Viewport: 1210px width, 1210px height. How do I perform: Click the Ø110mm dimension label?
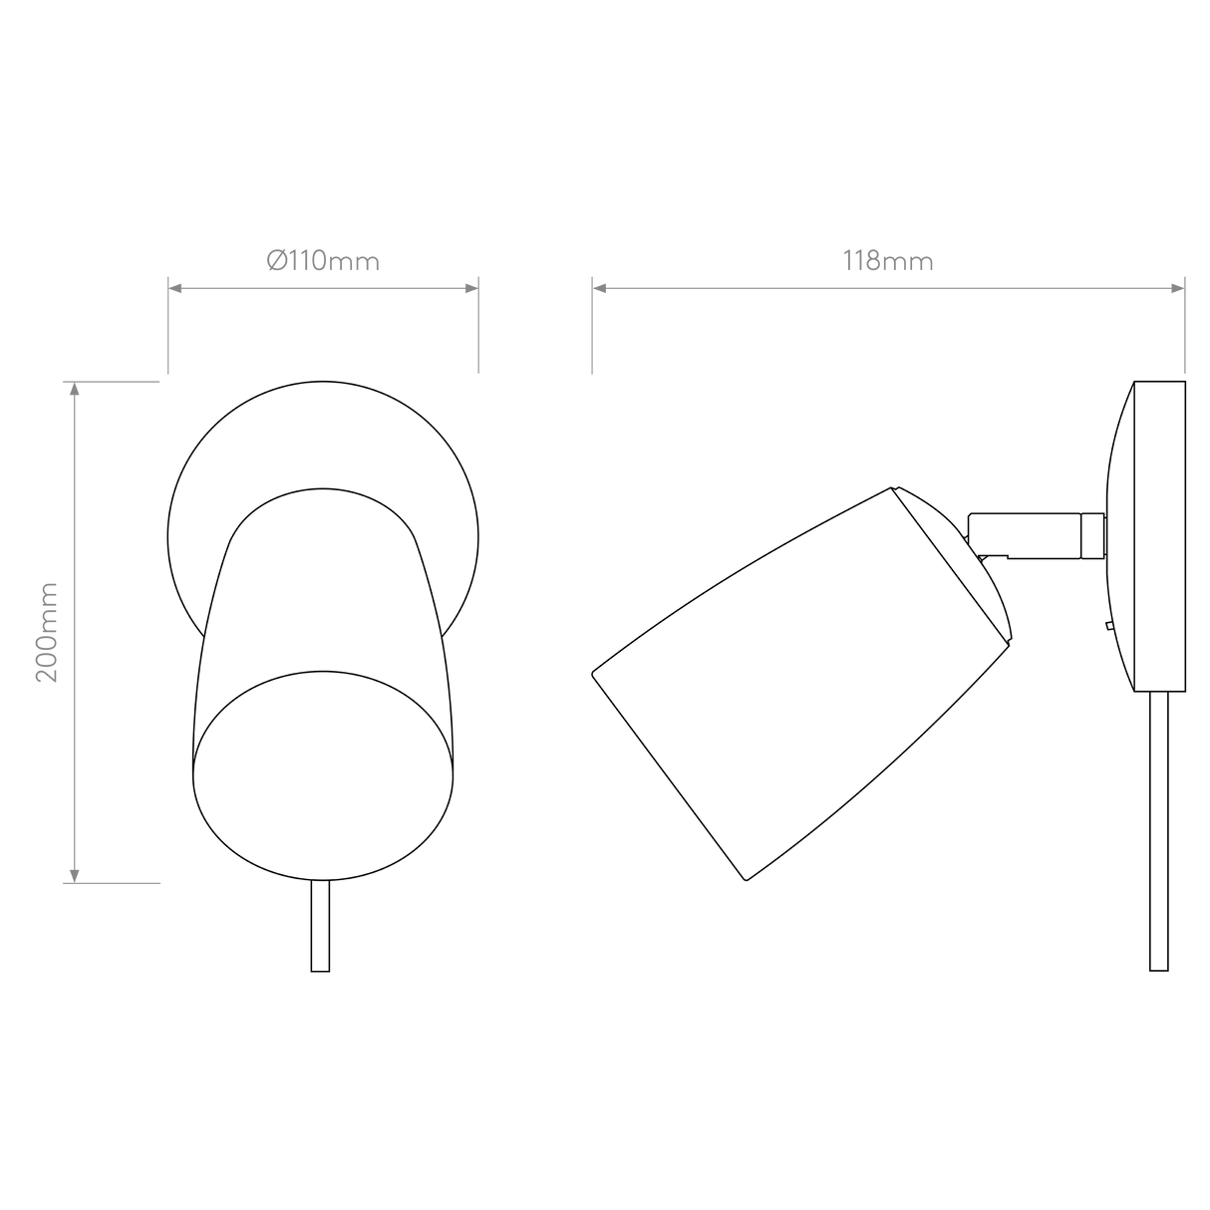(x=323, y=260)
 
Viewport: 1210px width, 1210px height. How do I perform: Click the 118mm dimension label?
(x=887, y=260)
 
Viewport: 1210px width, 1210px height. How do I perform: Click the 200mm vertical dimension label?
(x=47, y=632)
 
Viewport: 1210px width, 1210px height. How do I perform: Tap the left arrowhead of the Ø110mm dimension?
(x=175, y=288)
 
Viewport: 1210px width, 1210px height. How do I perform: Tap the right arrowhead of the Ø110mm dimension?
(x=470, y=288)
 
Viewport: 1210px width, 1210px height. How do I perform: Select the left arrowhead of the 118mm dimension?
(x=600, y=288)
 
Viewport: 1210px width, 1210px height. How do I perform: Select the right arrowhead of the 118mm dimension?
(x=1178, y=288)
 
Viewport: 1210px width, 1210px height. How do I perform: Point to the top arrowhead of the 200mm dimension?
(x=75, y=389)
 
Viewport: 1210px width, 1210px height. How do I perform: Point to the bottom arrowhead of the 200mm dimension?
(x=75, y=876)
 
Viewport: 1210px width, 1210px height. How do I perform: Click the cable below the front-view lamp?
(x=320, y=926)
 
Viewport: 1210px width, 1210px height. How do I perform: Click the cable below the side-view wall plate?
(x=1159, y=831)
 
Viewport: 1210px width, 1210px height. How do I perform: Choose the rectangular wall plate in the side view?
(x=1160, y=536)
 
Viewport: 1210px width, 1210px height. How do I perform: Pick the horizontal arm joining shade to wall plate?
(x=1025, y=535)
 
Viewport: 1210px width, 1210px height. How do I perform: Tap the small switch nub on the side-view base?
(x=1109, y=625)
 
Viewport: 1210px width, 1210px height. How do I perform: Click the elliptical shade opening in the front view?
(x=323, y=775)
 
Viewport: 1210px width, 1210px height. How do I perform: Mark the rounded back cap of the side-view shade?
(x=961, y=552)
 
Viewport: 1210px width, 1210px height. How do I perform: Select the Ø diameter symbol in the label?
(x=277, y=260)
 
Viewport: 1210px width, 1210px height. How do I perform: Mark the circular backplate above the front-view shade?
(x=323, y=434)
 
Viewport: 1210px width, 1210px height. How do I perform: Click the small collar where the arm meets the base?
(x=1093, y=535)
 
